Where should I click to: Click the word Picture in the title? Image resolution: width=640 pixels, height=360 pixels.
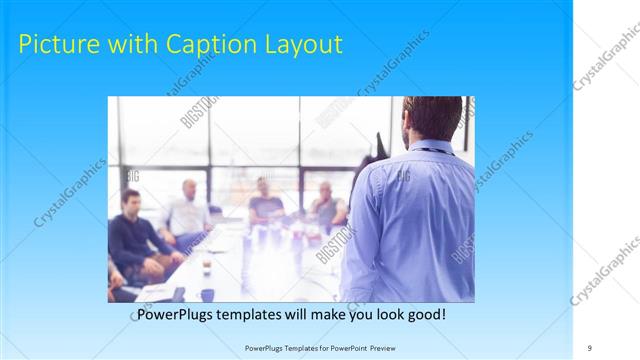click(x=58, y=45)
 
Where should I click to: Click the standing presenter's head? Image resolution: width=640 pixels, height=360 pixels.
click(x=431, y=118)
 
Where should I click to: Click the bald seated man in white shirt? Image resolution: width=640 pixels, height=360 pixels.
click(x=187, y=213)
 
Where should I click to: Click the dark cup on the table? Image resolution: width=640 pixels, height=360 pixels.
click(x=207, y=294)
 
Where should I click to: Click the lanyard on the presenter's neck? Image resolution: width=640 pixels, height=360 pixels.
click(x=431, y=150)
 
